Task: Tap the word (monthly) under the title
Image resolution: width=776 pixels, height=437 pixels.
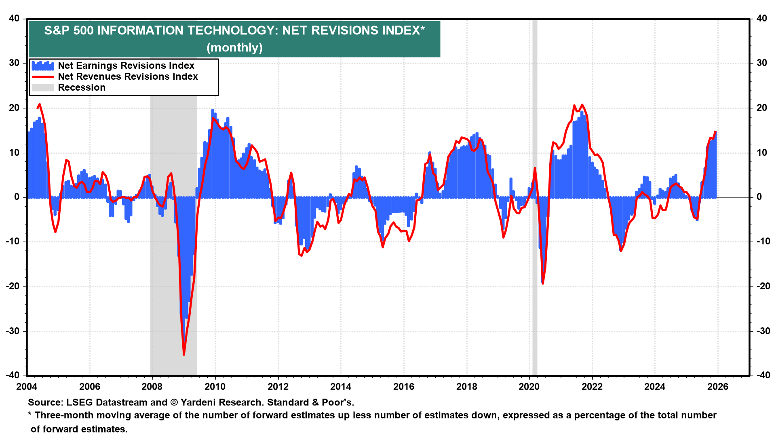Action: point(234,48)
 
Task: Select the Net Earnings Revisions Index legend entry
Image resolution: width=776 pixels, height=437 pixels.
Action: point(126,66)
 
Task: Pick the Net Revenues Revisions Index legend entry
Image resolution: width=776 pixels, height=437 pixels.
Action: point(128,76)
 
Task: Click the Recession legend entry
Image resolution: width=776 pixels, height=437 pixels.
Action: point(82,87)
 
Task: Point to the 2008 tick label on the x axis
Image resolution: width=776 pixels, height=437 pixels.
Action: point(152,386)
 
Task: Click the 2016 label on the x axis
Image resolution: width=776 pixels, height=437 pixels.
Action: point(403,386)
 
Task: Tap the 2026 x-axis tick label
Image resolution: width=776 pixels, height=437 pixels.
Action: point(718,386)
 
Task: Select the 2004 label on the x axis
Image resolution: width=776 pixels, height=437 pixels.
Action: point(27,386)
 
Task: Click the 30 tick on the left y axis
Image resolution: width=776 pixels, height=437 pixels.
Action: point(15,63)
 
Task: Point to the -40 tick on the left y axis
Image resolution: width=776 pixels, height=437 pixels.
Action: point(13,375)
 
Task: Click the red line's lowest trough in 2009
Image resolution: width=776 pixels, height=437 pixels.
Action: point(184,354)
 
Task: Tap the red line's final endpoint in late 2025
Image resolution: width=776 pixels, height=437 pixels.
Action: point(715,132)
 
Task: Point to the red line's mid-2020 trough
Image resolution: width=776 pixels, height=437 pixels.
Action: point(542,283)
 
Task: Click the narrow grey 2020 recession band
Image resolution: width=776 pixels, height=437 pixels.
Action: point(535,243)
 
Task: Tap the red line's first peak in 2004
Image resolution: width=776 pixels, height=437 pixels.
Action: point(39,104)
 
